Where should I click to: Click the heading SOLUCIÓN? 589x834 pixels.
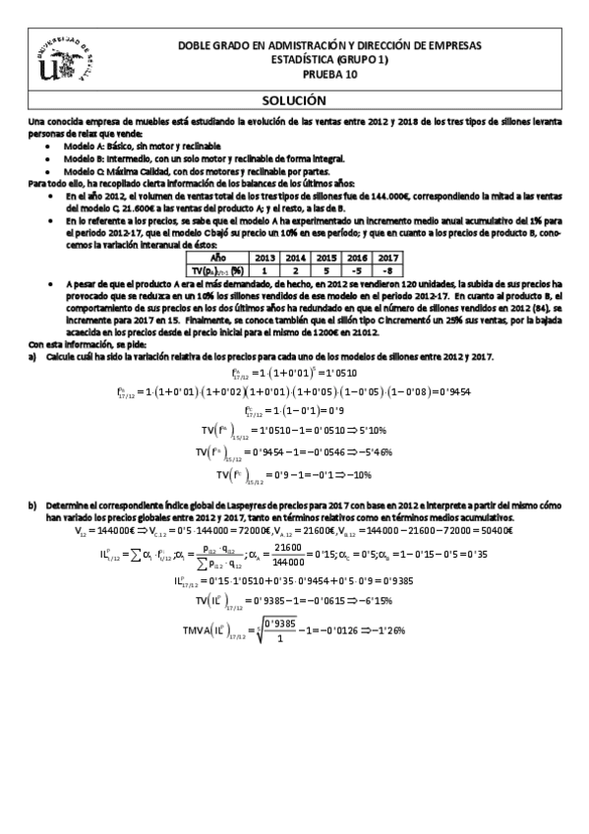click(294, 100)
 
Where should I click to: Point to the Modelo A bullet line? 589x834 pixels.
click(123, 146)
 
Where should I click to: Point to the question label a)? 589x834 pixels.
click(33, 355)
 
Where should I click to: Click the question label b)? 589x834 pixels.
click(33, 506)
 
